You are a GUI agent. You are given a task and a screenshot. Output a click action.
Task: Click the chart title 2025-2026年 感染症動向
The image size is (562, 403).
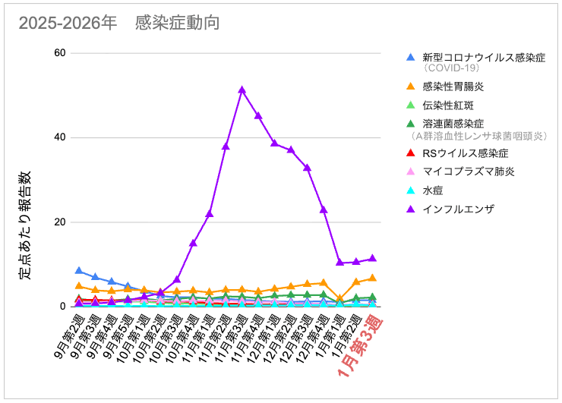click(x=118, y=23)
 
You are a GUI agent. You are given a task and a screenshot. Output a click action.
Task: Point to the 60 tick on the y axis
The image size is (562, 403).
click(x=58, y=52)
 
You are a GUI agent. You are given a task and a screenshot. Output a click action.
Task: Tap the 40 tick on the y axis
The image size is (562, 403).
click(x=58, y=137)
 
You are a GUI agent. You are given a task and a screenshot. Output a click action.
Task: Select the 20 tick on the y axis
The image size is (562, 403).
click(x=58, y=222)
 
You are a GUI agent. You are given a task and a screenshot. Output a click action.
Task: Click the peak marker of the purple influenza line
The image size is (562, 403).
click(x=242, y=90)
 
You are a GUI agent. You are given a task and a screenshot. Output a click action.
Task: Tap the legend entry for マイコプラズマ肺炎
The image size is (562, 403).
click(x=468, y=172)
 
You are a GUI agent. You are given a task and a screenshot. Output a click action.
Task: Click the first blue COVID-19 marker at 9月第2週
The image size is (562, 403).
click(x=79, y=270)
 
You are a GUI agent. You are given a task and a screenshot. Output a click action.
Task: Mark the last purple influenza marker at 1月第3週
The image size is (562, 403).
click(x=372, y=259)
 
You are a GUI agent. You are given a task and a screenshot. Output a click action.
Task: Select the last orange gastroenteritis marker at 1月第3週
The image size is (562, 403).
click(x=372, y=278)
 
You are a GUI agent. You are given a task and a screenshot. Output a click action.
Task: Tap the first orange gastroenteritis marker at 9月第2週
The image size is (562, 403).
click(x=79, y=285)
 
